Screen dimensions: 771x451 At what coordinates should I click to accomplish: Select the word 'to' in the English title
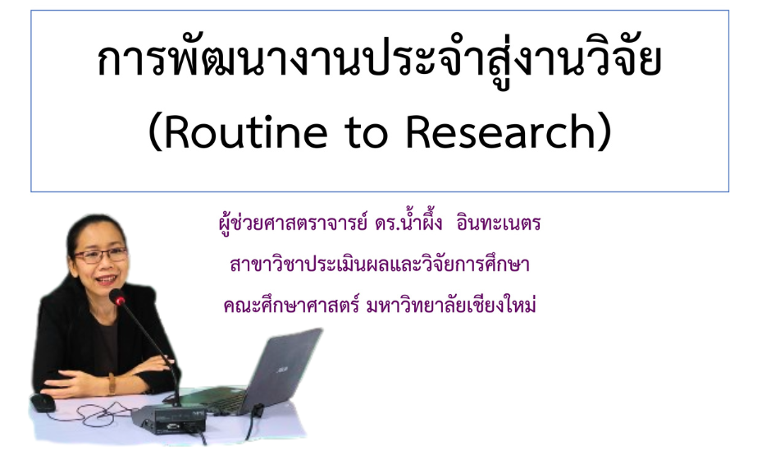point(367,133)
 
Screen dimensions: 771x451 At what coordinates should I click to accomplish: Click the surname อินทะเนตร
point(499,223)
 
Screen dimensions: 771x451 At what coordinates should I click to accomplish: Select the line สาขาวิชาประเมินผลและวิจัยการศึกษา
point(379,265)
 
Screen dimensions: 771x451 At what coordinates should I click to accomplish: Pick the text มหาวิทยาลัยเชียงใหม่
point(451,306)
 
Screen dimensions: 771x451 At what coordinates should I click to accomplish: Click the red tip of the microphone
point(120,300)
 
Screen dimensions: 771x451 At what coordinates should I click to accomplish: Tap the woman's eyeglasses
point(100,255)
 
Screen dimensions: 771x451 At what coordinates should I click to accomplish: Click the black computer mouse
point(43,403)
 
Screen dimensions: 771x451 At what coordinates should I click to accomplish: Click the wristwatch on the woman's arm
point(112,384)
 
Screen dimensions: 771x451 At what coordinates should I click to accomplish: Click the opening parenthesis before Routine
point(155,132)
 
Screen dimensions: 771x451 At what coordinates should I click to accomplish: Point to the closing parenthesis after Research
point(604,132)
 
